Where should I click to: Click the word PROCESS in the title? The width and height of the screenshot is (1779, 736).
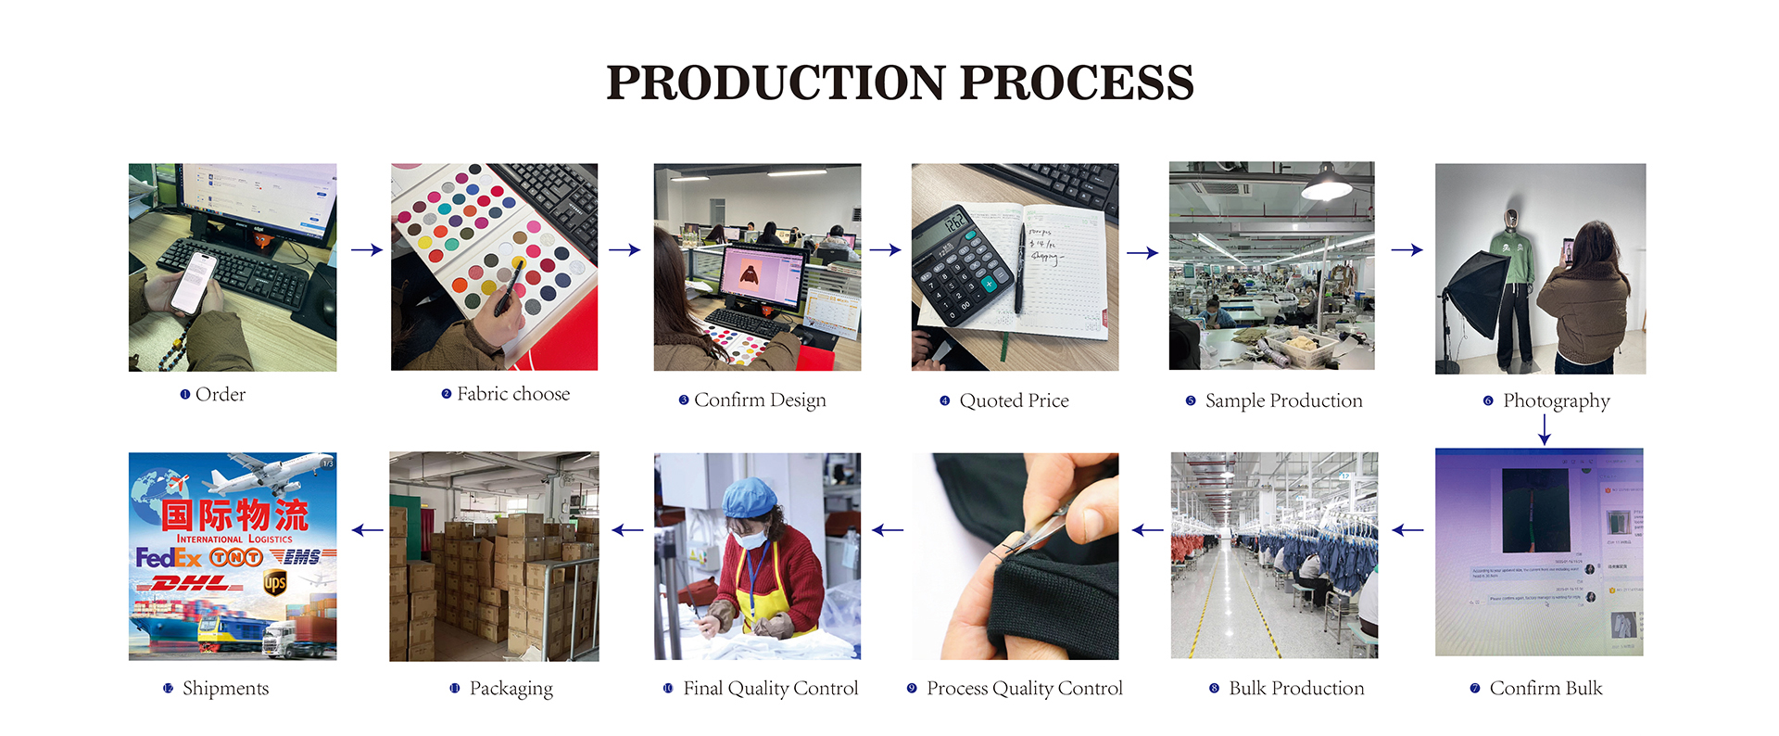point(1077,82)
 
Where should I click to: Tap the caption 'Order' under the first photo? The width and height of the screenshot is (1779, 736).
point(221,395)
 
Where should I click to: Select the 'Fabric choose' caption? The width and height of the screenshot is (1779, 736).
point(512,394)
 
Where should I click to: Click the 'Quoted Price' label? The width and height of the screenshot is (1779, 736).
point(1014,400)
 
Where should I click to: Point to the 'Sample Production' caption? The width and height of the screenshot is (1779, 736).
point(1283,400)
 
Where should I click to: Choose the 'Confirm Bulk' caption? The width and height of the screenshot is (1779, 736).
point(1546,688)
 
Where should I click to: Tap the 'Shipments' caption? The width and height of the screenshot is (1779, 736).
point(225,688)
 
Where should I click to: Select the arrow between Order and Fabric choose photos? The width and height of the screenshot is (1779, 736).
point(367,249)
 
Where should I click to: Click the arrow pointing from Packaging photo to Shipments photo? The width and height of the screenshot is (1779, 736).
point(368,530)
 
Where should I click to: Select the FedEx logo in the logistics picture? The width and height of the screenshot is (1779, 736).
point(169,557)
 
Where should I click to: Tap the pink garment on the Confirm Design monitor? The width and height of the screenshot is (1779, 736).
point(748,274)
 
